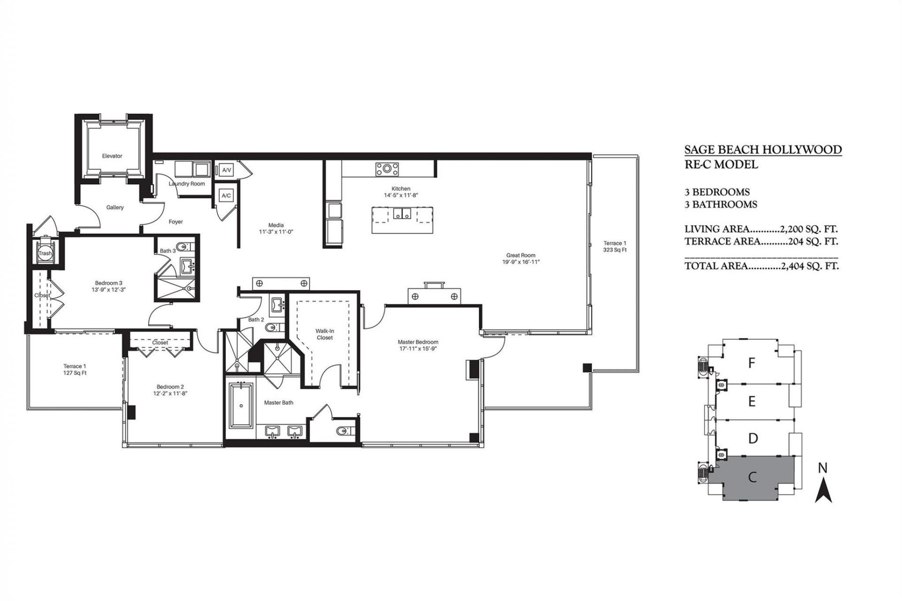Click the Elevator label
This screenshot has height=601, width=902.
point(112,156)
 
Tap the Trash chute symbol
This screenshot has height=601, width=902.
point(45,253)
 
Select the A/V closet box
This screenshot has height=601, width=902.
point(226,170)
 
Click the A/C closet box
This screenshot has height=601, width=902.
point(226,195)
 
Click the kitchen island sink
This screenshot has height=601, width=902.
point(401,214)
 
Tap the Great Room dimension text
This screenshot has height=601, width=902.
point(521,262)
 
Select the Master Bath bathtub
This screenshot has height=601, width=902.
point(241,405)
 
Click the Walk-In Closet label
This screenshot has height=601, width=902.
point(325,334)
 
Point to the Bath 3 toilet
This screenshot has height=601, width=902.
point(184,247)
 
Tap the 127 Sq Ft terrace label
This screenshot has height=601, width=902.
point(75,373)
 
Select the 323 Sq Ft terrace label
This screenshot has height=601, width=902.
point(614,250)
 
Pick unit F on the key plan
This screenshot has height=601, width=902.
point(752,363)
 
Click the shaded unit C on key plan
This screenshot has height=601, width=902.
point(752,478)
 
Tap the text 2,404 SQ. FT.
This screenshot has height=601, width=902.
point(809,266)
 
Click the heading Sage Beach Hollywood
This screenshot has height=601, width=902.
point(762,150)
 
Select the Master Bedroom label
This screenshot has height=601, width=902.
point(418,342)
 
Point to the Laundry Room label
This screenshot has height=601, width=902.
point(187,184)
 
